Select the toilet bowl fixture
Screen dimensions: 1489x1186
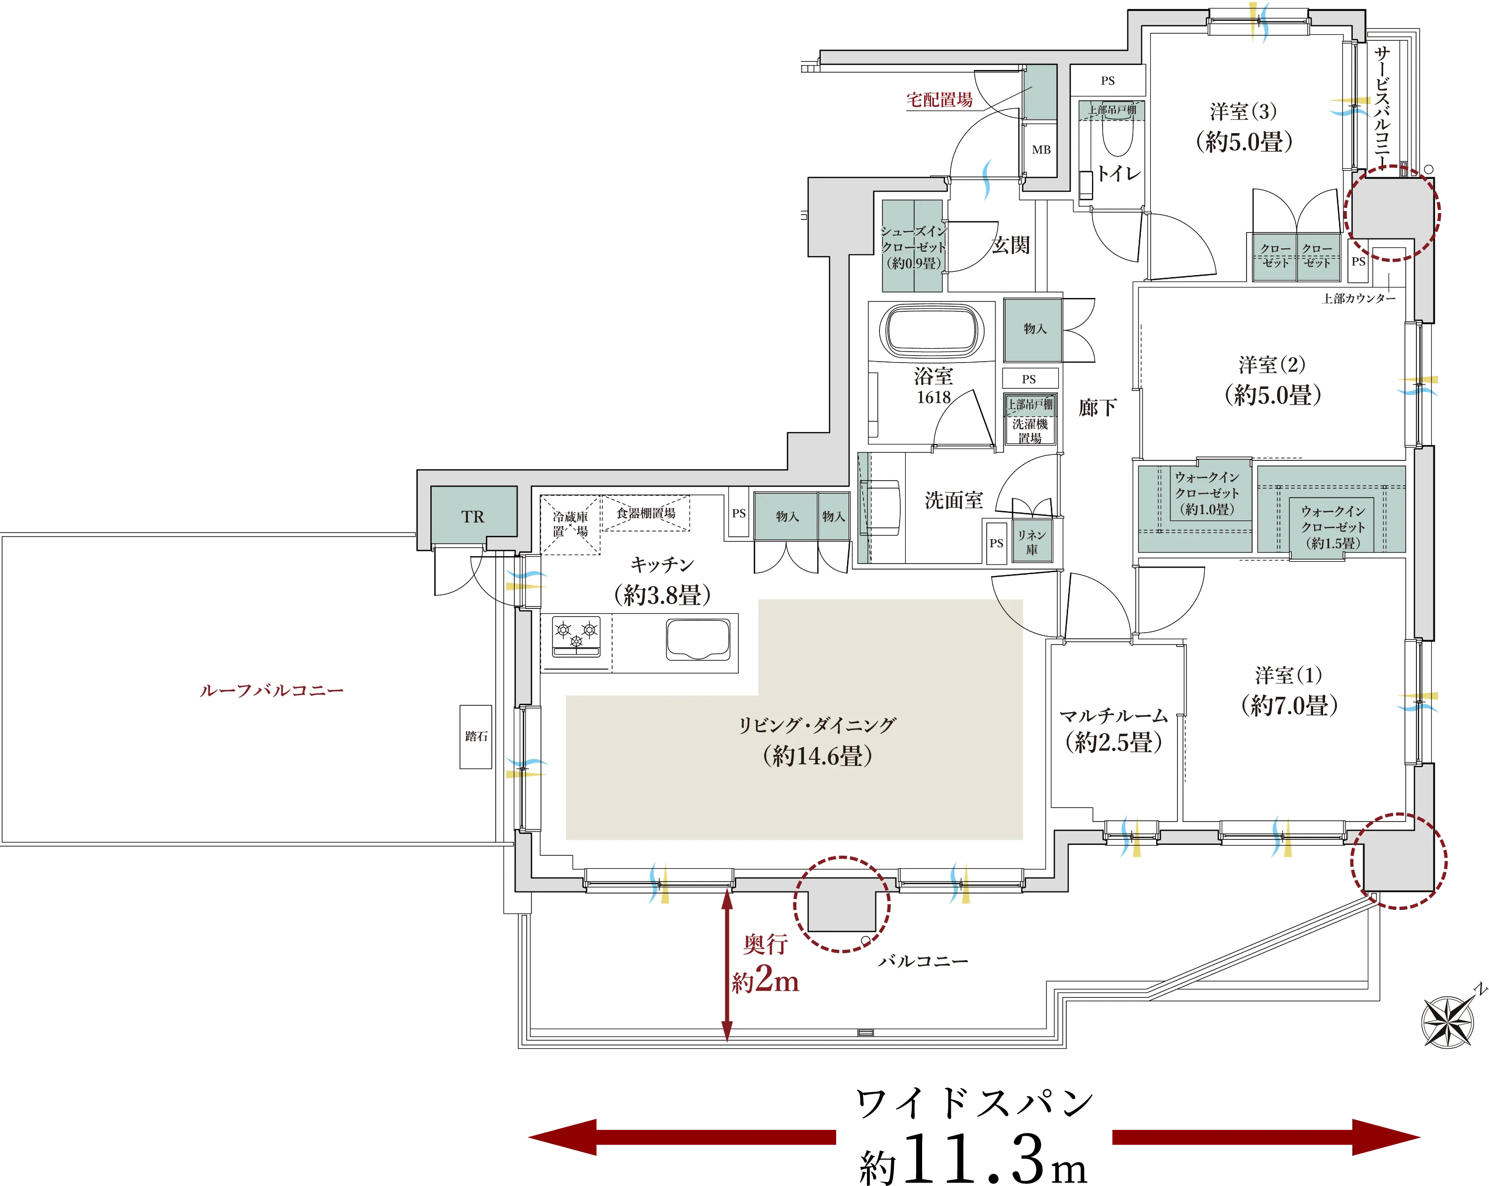coord(1117,139)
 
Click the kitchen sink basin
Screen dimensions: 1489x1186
coord(698,639)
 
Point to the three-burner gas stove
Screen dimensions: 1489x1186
coord(576,636)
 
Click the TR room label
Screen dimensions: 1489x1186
coord(473,517)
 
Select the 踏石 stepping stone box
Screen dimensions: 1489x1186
coord(476,737)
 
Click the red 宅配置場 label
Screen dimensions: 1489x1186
coord(940,100)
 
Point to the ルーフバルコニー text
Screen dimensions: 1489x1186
coord(271,690)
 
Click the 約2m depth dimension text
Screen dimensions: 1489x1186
coord(765,981)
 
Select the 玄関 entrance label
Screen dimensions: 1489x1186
coord(1011,245)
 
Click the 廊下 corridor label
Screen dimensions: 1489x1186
coord(1097,407)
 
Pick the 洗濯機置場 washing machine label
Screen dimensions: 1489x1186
coord(1030,431)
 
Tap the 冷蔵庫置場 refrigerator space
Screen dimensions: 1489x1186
coord(570,524)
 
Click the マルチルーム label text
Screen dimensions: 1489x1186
coord(1113,716)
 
